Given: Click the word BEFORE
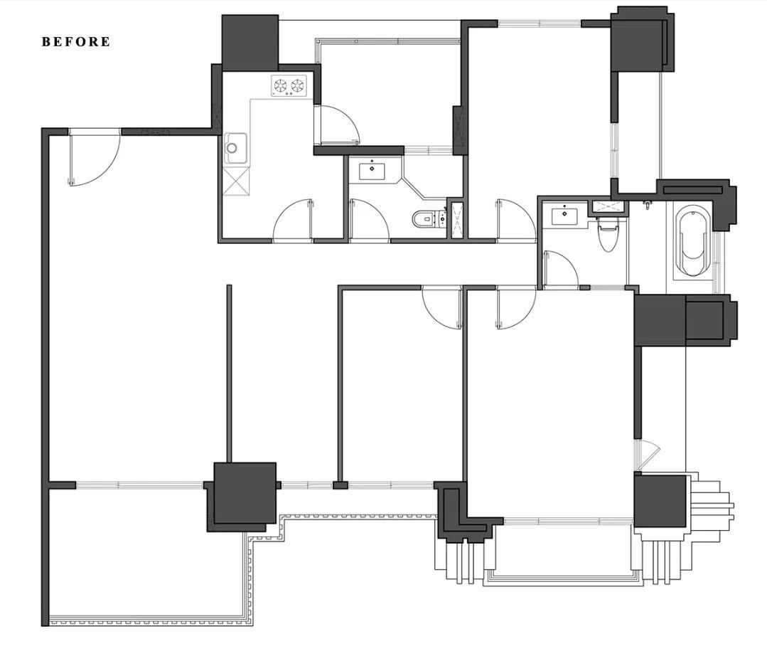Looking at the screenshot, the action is point(76,41).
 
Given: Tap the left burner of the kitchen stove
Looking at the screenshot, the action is point(280,86).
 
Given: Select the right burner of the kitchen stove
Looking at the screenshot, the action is point(297,86).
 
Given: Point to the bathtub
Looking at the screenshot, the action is point(692,240).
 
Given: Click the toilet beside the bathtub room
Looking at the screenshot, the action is point(608,234).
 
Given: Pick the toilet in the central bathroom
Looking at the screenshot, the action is point(426,218).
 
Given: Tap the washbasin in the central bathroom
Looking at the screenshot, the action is point(372,171).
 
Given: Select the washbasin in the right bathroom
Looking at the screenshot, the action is point(564,216).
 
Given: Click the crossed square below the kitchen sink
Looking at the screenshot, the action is point(236,181).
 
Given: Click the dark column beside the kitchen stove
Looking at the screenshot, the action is point(250,43).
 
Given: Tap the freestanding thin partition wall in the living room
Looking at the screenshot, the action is point(229,374).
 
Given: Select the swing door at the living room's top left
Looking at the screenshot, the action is point(93,157).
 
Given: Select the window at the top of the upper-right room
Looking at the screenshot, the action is point(540,23).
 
